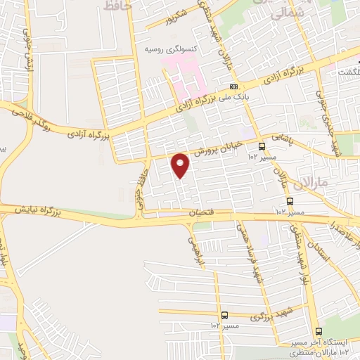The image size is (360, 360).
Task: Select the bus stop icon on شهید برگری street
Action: click(224, 315)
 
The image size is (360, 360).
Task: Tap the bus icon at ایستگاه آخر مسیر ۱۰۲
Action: click(318, 331)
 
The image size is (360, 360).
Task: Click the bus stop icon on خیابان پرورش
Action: click(262, 147)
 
